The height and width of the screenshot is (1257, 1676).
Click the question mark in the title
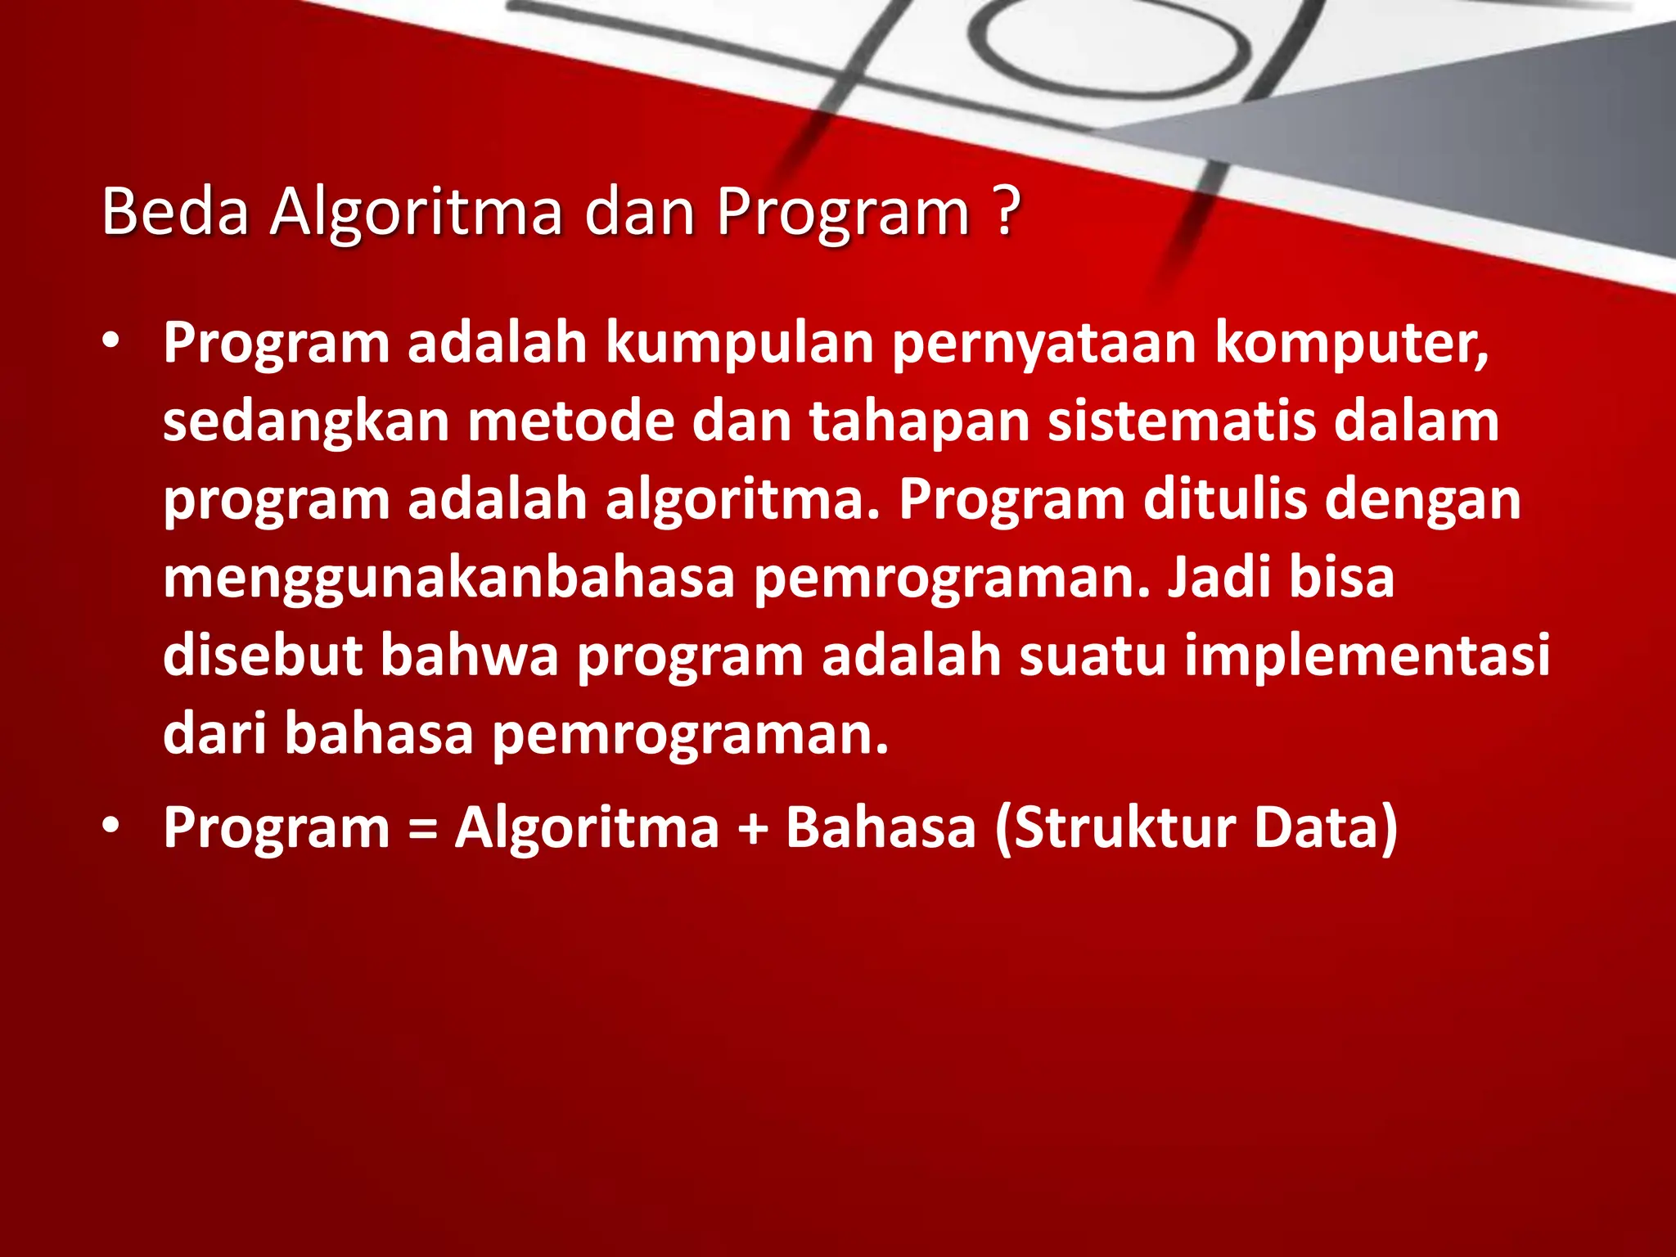[x=1008, y=211]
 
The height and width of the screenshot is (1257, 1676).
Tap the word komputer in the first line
[x=1350, y=344]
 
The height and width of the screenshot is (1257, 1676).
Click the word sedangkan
[x=306, y=423]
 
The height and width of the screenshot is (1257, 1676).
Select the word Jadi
[x=1219, y=577]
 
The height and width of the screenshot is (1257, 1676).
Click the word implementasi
[x=1367, y=657]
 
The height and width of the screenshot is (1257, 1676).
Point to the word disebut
[x=263, y=656]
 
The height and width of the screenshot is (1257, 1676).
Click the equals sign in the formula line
[x=422, y=828]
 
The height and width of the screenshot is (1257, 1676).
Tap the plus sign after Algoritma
[x=752, y=828]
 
